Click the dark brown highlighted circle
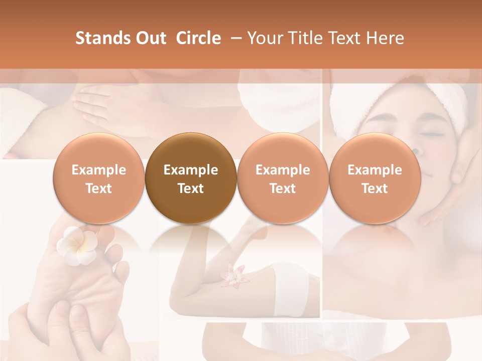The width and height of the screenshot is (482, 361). coord(191,178)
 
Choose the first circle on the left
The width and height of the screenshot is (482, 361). coord(99,178)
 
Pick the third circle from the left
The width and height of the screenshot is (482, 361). coord(283,178)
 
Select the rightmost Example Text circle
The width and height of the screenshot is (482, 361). coord(375,178)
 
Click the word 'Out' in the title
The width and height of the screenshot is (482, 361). coord(150,38)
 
